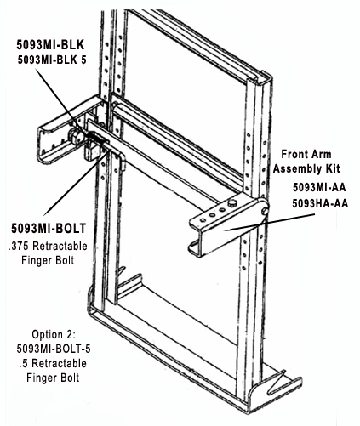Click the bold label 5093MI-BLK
click(x=50, y=45)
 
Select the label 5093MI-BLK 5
click(x=52, y=60)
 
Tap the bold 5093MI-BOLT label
click(x=49, y=229)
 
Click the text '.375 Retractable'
click(x=48, y=246)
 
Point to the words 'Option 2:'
click(x=54, y=334)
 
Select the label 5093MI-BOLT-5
click(x=54, y=349)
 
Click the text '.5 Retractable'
click(x=53, y=363)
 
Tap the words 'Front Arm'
click(x=306, y=155)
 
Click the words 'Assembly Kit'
click(x=306, y=169)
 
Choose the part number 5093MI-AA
click(x=319, y=188)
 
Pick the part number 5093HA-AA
click(x=320, y=203)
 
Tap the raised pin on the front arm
click(x=232, y=202)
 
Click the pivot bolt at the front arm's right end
click(x=266, y=211)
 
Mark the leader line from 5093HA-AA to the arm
click(x=270, y=223)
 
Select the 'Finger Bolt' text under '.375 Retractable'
click(x=48, y=260)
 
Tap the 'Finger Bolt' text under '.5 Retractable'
click(x=53, y=378)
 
